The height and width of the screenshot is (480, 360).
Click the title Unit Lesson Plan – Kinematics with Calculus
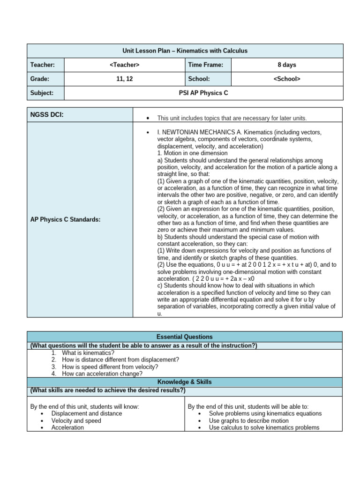tap(185, 51)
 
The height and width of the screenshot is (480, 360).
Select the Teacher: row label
tap(43, 65)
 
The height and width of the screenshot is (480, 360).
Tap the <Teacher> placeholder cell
tap(124, 65)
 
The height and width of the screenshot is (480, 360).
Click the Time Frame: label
tap(206, 65)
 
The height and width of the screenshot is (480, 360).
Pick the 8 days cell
tap(286, 65)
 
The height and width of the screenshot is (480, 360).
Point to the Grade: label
tap(40, 79)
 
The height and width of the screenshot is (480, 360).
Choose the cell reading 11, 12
tap(124, 79)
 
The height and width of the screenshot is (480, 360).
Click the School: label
tap(199, 79)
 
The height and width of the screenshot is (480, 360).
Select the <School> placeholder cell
tap(286, 79)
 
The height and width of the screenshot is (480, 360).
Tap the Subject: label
tap(42, 93)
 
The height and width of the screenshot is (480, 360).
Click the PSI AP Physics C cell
tap(203, 93)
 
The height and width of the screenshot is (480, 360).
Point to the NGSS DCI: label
tap(47, 114)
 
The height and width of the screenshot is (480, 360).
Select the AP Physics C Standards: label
tap(65, 219)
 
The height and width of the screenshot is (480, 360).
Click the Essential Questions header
tap(185, 337)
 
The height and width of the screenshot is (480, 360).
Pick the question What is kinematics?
tap(88, 352)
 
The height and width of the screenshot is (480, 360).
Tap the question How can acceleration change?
tap(102, 374)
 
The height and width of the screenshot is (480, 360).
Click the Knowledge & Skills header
tap(185, 382)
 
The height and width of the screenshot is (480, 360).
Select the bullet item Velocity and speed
tap(76, 420)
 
